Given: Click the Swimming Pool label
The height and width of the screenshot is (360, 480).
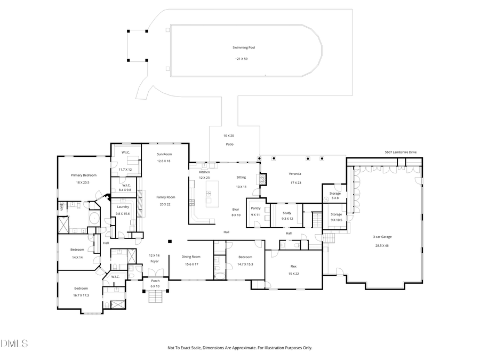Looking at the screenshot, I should [x=244, y=47].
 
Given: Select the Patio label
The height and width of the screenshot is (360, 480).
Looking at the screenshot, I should [x=229, y=145].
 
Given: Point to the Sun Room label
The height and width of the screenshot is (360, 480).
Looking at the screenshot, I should [x=164, y=154].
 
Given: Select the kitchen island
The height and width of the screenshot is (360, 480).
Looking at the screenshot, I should [x=212, y=193].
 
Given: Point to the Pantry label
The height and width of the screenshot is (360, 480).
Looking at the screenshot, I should [x=255, y=208].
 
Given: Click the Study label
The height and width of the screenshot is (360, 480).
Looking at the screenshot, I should [x=287, y=212].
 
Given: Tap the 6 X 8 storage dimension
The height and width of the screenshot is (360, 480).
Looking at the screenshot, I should [x=334, y=198].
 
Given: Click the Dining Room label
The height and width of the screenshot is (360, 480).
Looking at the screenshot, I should [x=191, y=257].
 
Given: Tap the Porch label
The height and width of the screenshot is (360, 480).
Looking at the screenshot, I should [x=155, y=281].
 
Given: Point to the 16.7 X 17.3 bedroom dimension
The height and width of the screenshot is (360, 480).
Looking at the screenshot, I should [x=81, y=295].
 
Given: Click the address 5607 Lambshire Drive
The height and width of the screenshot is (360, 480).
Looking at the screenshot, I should [x=401, y=152].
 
